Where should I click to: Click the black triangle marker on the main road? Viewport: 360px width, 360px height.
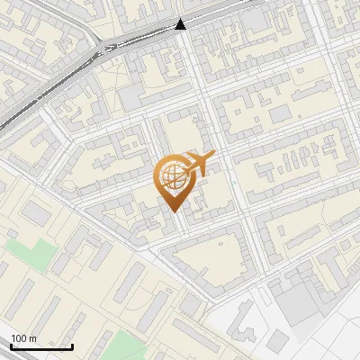[181, 25]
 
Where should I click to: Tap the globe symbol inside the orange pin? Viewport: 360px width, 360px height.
[171, 175]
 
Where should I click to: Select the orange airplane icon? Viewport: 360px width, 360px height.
[198, 164]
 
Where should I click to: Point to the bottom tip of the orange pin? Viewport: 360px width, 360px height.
[172, 211]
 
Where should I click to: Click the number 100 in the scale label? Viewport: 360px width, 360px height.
[19, 338]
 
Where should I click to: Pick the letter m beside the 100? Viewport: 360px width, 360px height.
[32, 338]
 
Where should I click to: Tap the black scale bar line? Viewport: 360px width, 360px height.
[41, 346]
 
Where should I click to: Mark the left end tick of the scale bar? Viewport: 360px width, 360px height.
[11, 345]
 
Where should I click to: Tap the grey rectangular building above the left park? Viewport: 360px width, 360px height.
[36, 213]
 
